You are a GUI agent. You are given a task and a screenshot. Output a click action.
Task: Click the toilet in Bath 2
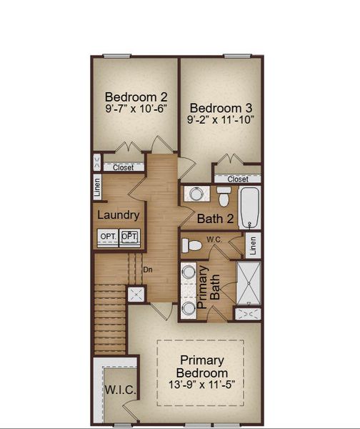point(224,194)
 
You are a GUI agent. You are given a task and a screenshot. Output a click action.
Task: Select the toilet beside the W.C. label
point(191,246)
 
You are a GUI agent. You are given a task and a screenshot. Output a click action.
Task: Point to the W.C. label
point(216,239)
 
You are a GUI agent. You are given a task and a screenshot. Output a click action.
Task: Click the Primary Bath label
point(208,286)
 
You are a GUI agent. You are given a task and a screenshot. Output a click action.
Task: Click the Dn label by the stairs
point(148,270)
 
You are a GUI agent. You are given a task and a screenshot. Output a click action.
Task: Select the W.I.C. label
point(120,390)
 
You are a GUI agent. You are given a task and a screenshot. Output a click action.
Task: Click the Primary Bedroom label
point(203,367)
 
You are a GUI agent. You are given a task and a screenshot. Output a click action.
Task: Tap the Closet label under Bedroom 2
point(124,167)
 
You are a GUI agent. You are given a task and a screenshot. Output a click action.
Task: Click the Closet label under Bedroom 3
point(238,179)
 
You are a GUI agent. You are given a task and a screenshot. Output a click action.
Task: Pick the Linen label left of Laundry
point(97,188)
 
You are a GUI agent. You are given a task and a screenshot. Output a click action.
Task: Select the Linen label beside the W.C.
point(253,246)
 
